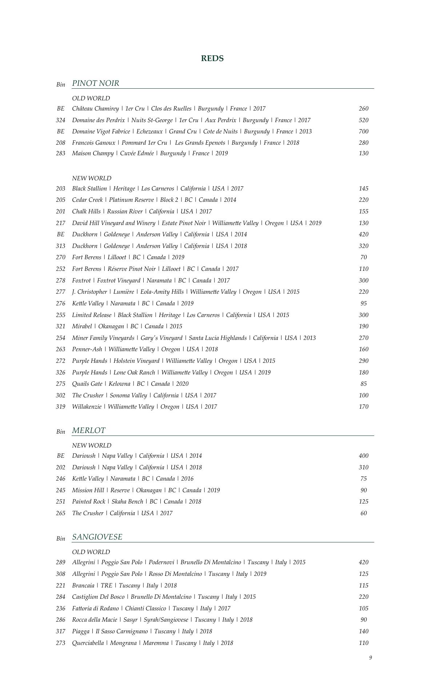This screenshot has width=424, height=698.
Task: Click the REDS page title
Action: (x=212, y=59)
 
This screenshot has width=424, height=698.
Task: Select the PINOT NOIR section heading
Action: (x=96, y=83)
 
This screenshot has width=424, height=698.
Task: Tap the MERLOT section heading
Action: (x=89, y=430)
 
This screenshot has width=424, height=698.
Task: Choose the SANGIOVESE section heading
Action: (x=97, y=537)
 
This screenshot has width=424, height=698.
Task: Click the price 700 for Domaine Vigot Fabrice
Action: (x=363, y=132)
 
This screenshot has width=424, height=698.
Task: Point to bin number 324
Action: (x=60, y=120)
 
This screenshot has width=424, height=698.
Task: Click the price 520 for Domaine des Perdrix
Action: (x=363, y=120)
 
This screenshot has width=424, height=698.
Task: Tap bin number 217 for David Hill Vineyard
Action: (x=60, y=223)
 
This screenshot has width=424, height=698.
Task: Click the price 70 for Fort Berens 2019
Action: (x=363, y=257)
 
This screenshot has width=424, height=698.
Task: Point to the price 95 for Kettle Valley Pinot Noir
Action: (x=363, y=304)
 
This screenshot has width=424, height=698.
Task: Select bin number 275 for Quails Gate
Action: (x=60, y=384)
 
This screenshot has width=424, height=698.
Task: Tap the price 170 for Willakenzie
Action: (x=363, y=407)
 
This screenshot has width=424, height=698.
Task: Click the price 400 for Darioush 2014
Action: (x=363, y=456)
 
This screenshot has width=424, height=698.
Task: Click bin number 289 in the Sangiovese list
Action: (x=60, y=562)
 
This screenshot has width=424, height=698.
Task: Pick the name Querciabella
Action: (x=88, y=643)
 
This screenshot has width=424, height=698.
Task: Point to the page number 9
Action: (x=371, y=658)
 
